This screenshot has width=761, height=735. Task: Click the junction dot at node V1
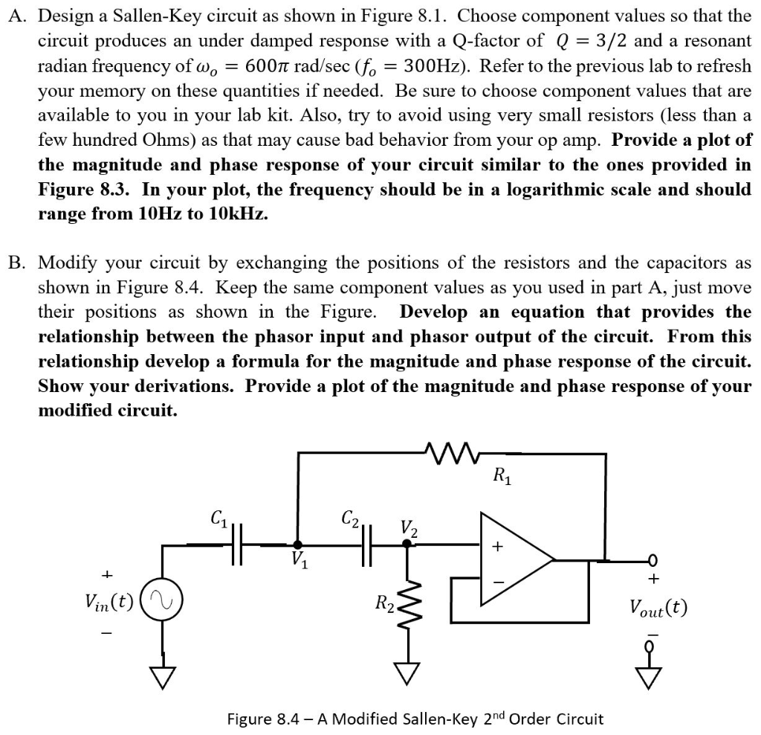click(x=297, y=545)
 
